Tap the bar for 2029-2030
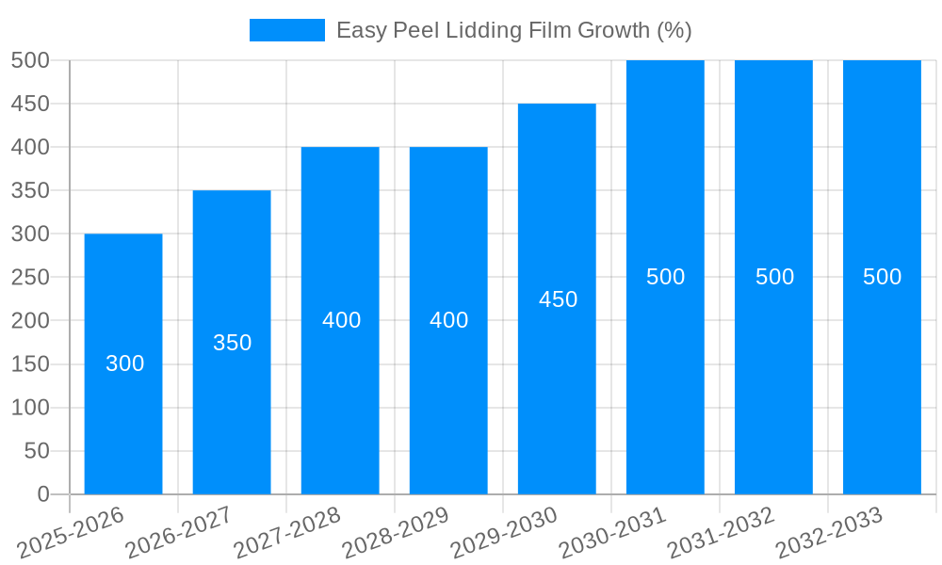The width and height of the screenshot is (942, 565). pyautogui.click(x=557, y=395)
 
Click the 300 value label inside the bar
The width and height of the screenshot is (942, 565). pyautogui.click(x=124, y=363)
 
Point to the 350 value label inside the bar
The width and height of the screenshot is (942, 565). pyautogui.click(x=232, y=343)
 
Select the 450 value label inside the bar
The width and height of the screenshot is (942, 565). pyautogui.click(x=558, y=299)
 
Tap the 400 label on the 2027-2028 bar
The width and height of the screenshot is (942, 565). pyautogui.click(x=341, y=320)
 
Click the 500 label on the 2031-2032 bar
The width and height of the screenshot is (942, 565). pyautogui.click(x=774, y=277)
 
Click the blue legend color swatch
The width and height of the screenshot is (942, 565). pyautogui.click(x=286, y=30)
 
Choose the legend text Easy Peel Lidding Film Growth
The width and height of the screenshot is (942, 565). pyautogui.click(x=513, y=30)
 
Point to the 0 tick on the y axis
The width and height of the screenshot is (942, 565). pyautogui.click(x=42, y=494)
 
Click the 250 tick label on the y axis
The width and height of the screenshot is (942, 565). pyautogui.click(x=30, y=278)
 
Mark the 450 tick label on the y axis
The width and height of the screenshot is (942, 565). pyautogui.click(x=30, y=104)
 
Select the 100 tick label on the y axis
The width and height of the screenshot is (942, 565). pyautogui.click(x=30, y=408)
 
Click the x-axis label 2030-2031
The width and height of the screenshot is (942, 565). pyautogui.click(x=613, y=533)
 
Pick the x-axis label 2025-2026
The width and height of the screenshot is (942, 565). pyautogui.click(x=71, y=533)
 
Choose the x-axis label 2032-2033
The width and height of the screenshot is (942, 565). pyautogui.click(x=829, y=533)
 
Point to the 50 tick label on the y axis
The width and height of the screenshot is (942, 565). pyautogui.click(x=36, y=451)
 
